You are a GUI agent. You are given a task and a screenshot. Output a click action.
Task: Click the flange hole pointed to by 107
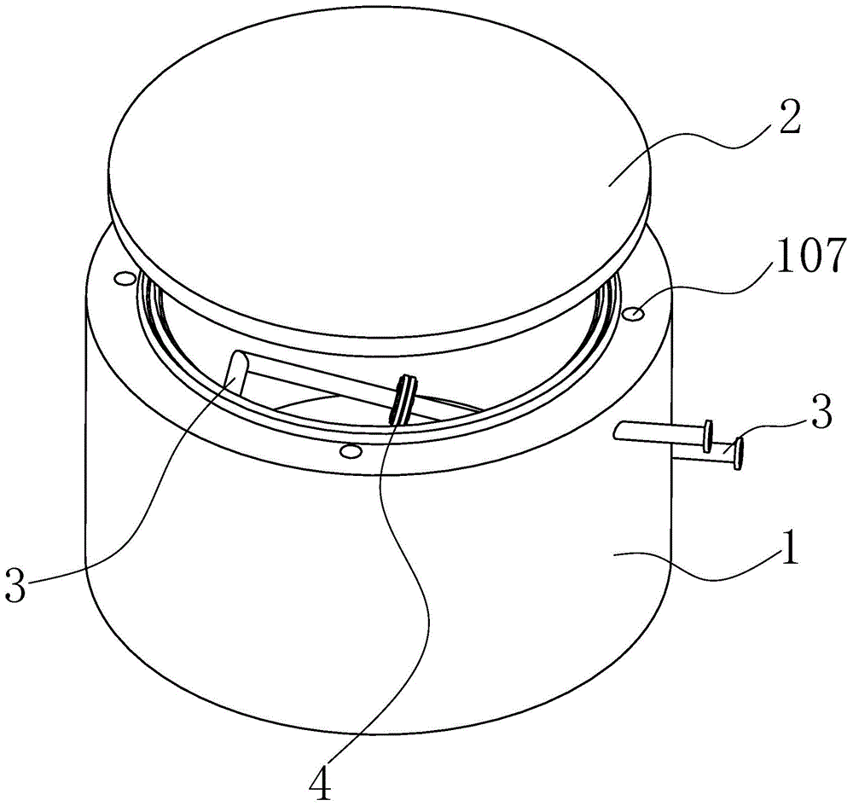point(635,314)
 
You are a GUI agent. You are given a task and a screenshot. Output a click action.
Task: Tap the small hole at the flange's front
point(347,449)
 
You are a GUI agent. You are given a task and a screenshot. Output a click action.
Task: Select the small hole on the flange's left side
point(124,278)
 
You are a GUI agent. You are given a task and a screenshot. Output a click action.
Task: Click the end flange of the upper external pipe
point(707,437)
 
